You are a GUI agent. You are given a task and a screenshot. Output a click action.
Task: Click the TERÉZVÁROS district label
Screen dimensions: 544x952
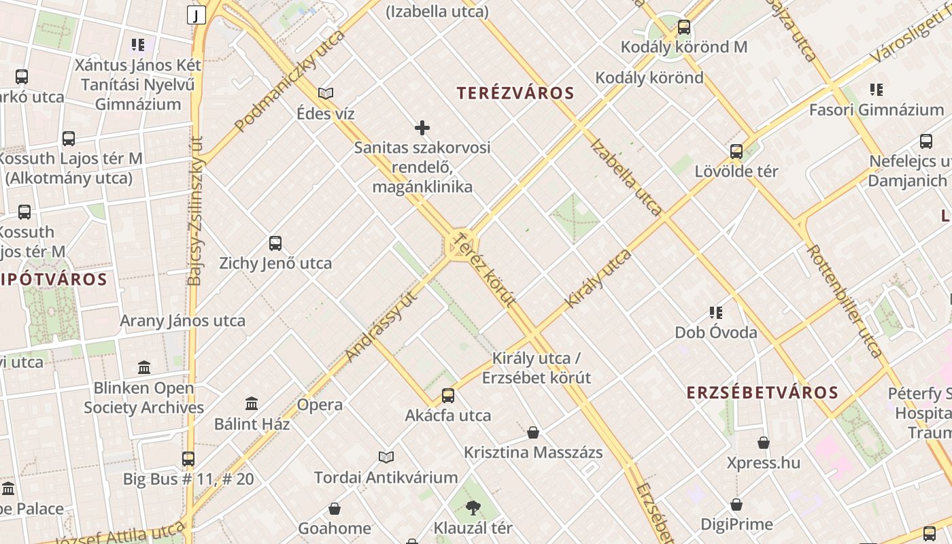tap(515, 93)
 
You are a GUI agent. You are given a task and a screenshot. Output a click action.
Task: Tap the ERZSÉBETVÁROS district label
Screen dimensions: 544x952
tap(762, 392)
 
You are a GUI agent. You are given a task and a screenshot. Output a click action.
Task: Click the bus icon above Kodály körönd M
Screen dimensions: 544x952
tap(684, 28)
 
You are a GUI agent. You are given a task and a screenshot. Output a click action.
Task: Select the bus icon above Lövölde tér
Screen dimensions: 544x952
tap(736, 152)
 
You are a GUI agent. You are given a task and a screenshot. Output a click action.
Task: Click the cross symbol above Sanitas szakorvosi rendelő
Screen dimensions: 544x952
tap(422, 128)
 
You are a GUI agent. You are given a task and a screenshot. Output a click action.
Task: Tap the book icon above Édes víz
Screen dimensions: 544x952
tap(326, 94)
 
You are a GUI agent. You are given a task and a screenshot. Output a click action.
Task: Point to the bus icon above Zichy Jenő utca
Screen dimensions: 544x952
tap(275, 243)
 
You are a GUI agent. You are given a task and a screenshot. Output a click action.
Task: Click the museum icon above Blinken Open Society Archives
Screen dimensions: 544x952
tap(144, 368)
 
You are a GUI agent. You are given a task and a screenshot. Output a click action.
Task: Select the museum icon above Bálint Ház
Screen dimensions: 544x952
tap(252, 404)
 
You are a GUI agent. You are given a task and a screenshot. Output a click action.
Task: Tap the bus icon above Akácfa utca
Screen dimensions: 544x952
tap(448, 396)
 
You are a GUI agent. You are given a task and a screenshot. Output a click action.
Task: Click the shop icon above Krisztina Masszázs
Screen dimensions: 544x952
tap(533, 432)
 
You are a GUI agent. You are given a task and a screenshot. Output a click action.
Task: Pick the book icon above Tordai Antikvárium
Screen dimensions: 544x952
tap(386, 457)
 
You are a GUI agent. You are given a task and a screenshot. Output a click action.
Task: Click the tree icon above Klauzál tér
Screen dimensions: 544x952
tap(473, 507)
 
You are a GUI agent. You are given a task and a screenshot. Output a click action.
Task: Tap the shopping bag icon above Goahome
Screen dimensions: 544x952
tap(335, 509)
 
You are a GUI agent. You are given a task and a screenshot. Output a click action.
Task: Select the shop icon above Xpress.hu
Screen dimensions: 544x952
tap(764, 443)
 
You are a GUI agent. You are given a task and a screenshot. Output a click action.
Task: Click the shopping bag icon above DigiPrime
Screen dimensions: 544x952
tap(736, 505)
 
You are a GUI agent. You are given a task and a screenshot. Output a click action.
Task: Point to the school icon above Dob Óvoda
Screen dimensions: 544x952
tap(715, 313)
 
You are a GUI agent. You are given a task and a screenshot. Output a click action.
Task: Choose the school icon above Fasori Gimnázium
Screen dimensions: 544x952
tap(877, 90)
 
